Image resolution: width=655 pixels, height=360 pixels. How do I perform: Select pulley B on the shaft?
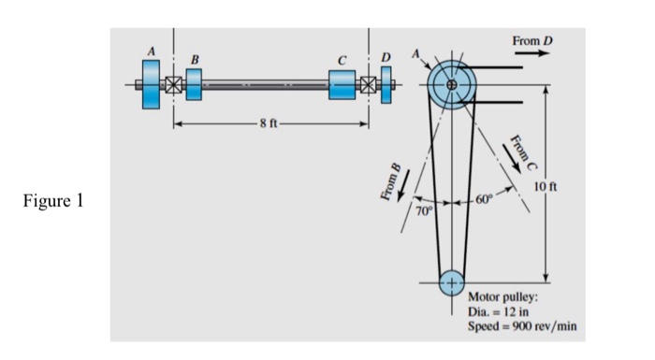point(194,84)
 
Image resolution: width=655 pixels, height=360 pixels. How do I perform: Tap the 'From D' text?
point(533,41)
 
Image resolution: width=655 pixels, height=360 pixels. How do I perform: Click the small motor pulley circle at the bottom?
point(452,281)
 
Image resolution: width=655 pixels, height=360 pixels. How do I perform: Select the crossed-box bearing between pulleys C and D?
point(368,85)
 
